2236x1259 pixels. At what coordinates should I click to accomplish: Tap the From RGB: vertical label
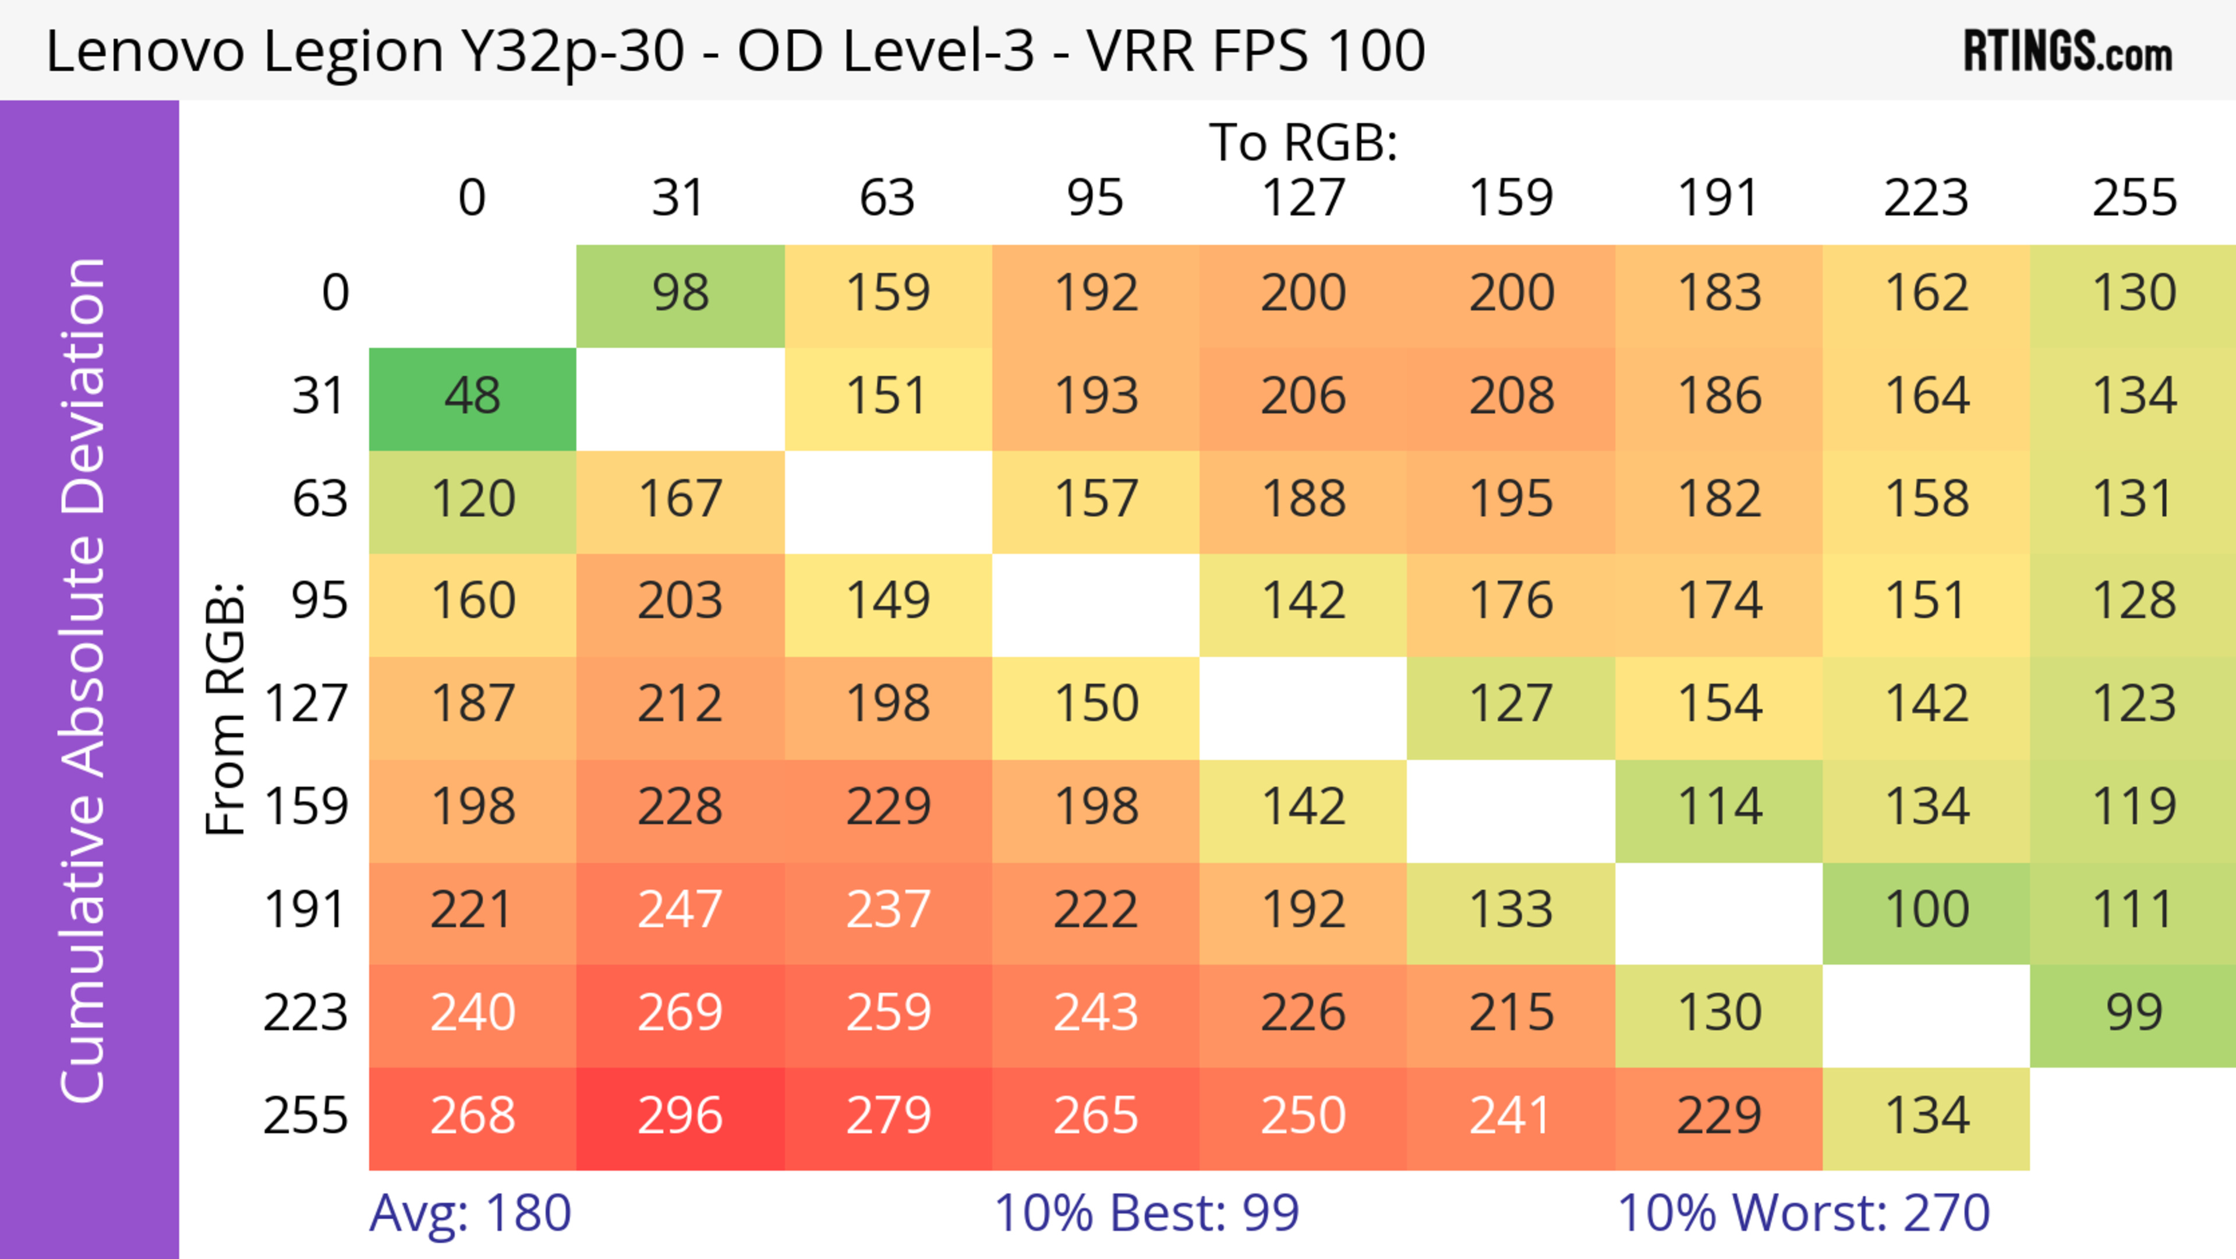(226, 708)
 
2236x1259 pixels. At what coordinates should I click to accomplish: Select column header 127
(1303, 198)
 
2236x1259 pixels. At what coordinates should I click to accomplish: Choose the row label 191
(306, 911)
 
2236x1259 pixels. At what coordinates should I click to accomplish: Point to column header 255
(2133, 198)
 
